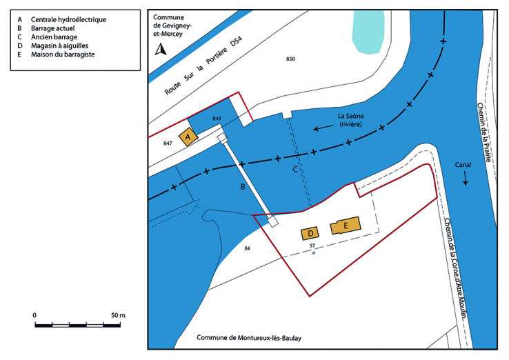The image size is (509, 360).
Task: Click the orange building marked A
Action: pyautogui.click(x=188, y=137)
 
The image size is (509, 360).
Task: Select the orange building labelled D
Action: pyautogui.click(x=310, y=233)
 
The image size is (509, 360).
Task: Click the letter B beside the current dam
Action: pyautogui.click(x=243, y=187)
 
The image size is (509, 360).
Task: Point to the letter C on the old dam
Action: pyautogui.click(x=295, y=169)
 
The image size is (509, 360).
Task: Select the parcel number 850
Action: pyautogui.click(x=290, y=60)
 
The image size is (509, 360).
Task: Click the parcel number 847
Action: pyautogui.click(x=168, y=143)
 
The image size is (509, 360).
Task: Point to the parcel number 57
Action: pyautogui.click(x=312, y=246)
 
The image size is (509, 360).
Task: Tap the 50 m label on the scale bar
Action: pyautogui.click(x=117, y=315)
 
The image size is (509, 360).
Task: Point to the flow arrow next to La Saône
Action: pyautogui.click(x=321, y=128)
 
